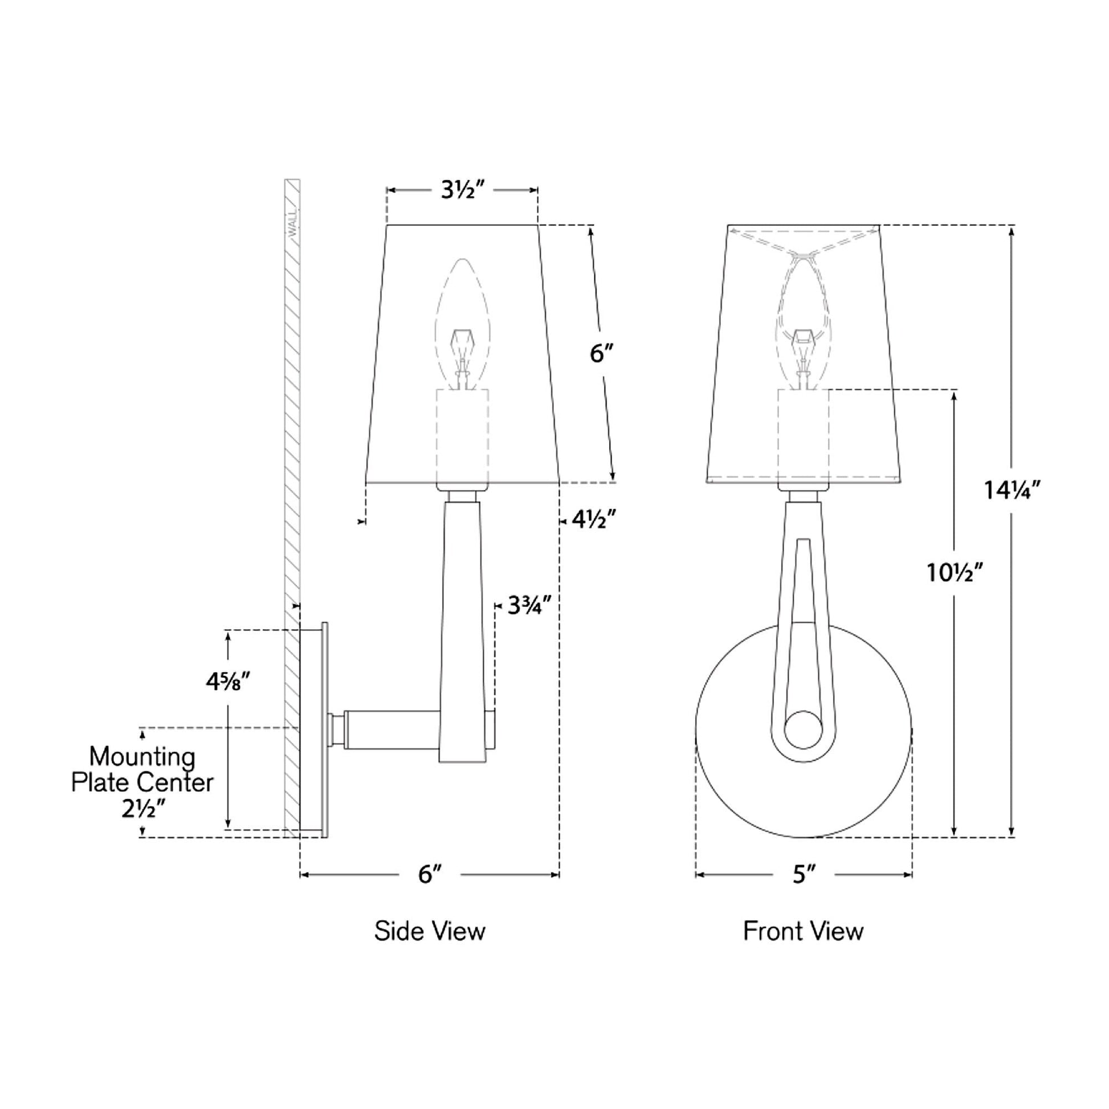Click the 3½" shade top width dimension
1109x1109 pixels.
(463, 190)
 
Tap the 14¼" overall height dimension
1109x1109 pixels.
(1013, 490)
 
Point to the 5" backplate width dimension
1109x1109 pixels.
(804, 874)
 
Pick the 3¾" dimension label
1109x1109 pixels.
(530, 605)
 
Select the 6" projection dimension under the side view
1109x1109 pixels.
(430, 874)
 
